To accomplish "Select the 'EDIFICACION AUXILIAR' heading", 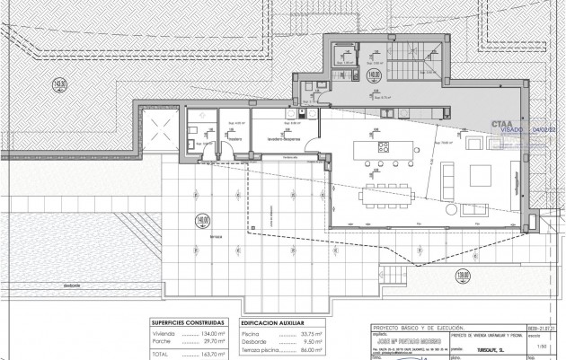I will [273, 320].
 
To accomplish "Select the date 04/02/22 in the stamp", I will [544, 130].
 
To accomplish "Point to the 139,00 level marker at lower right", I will [463, 275].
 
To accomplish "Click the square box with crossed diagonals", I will [163, 127].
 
